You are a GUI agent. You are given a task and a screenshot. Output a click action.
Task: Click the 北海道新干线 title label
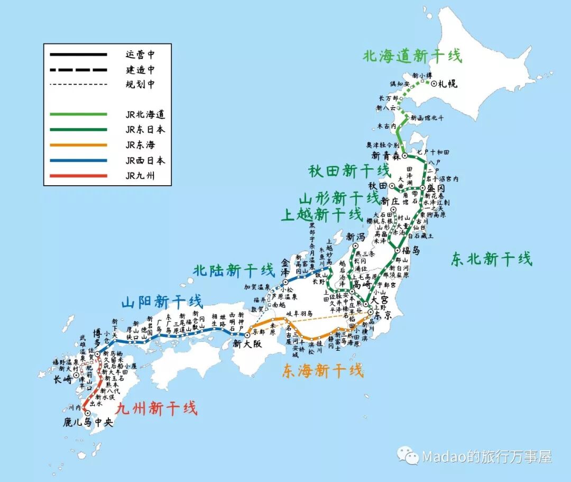[x=412, y=56]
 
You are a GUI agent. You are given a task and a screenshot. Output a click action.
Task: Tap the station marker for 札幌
[x=434, y=83]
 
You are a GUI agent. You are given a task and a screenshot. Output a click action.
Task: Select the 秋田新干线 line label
[x=349, y=171]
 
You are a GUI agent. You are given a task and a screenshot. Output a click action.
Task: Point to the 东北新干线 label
[x=492, y=259]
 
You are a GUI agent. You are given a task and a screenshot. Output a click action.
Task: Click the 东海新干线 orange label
[x=323, y=370]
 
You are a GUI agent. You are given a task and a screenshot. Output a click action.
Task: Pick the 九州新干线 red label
[x=156, y=408]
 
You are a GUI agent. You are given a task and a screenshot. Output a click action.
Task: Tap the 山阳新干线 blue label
[x=162, y=302]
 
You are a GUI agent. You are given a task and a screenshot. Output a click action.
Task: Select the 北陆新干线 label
[x=234, y=270]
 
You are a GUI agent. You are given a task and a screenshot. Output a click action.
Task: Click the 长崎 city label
[x=63, y=379]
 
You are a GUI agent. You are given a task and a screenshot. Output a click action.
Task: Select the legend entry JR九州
[x=140, y=176]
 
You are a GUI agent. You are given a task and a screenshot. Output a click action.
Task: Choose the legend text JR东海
[x=140, y=144]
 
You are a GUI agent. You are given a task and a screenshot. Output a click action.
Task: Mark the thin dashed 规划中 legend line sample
[x=78, y=84]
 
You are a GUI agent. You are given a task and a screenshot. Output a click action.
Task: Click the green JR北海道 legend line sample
[x=78, y=114]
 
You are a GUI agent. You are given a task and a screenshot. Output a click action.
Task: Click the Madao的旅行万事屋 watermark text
[x=486, y=457]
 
